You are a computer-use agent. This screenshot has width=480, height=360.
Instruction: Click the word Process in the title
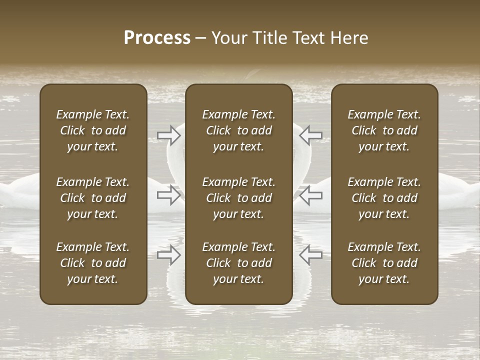157,38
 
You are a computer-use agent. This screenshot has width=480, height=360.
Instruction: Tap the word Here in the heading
349,38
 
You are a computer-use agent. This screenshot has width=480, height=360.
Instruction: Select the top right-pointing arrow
169,135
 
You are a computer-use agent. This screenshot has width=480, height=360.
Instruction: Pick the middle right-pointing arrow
169,195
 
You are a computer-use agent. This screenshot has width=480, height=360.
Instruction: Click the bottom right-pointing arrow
169,255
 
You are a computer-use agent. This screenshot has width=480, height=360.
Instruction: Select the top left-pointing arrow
310,135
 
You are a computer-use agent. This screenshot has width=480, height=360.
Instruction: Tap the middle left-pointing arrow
310,195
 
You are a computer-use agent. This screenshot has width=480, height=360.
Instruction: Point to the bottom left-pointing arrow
310,255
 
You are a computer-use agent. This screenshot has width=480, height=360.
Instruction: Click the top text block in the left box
93,130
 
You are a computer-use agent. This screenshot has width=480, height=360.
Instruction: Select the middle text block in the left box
93,198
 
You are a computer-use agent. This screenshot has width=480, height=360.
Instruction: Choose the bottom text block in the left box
93,263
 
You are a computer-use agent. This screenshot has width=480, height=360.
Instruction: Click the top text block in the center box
238,130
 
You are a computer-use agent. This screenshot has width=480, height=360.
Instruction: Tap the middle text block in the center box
238,198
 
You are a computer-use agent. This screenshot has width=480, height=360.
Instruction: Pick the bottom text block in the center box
238,263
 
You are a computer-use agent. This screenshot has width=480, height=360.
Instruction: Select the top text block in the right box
384,130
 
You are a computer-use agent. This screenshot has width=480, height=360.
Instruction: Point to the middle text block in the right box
384,198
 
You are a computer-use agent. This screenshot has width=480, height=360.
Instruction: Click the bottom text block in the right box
384,263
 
